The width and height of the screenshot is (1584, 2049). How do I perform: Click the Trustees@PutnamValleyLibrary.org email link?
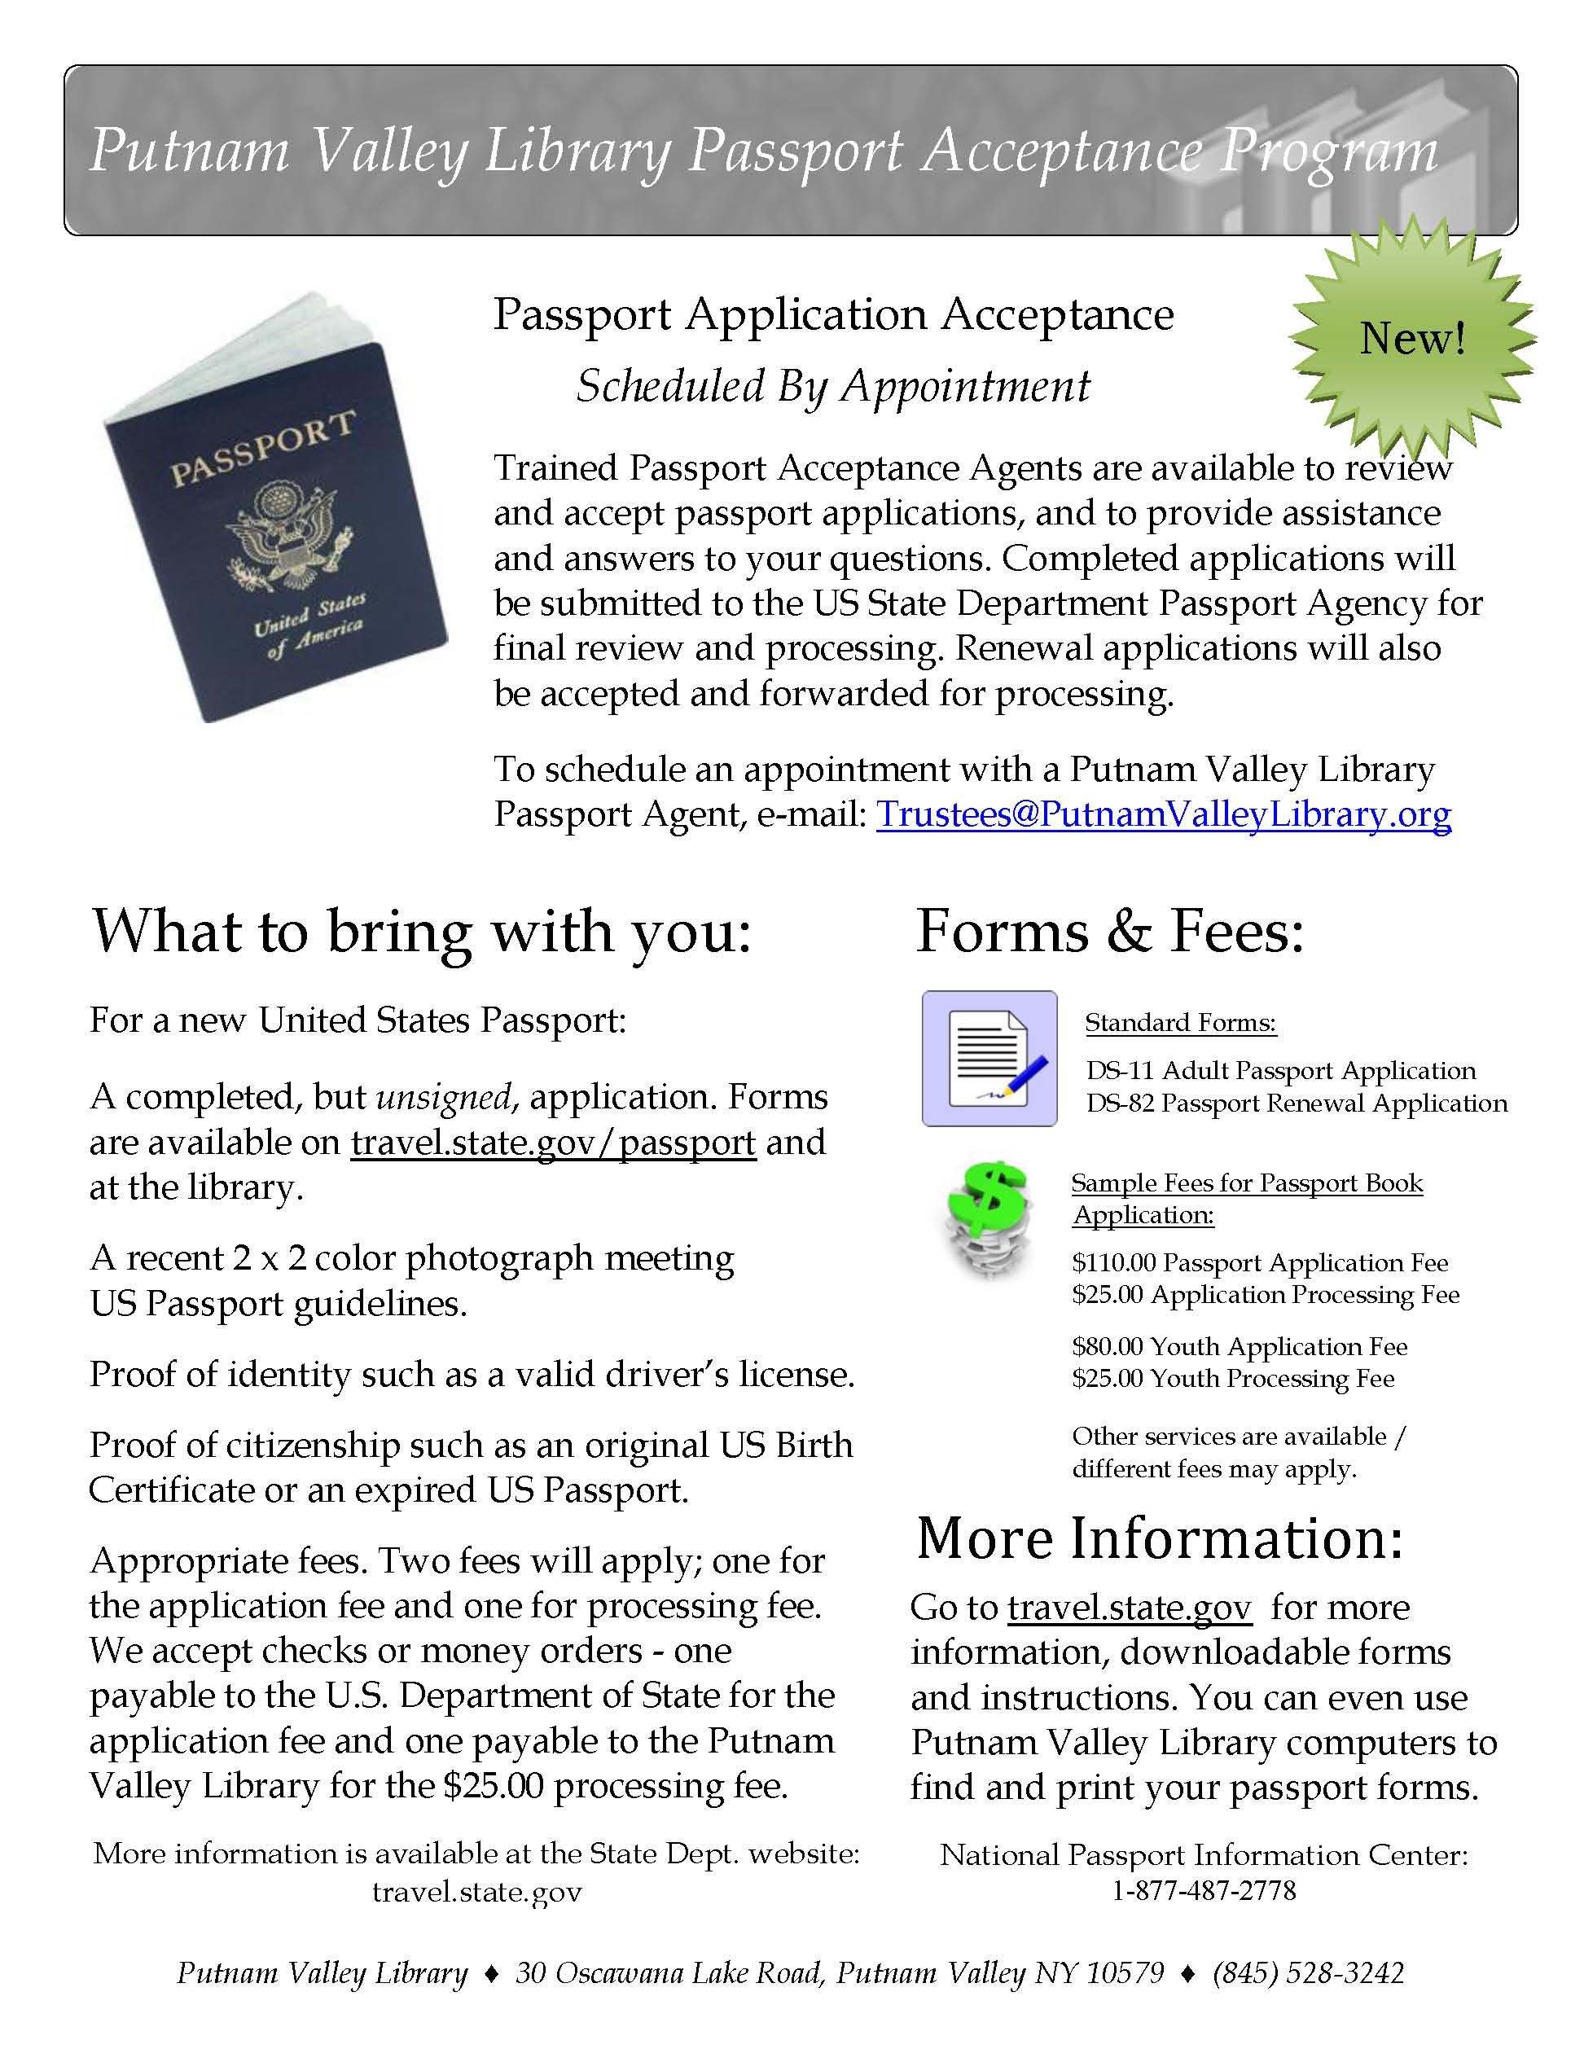coord(1164,814)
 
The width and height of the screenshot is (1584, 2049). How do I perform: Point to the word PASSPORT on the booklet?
coord(264,449)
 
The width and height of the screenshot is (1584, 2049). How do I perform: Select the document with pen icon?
coord(989,1058)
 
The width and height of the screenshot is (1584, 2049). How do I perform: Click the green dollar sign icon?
coord(986,1218)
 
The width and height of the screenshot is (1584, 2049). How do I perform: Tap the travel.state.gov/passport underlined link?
coord(553,1143)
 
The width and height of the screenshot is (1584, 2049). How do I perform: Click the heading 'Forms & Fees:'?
coord(1110,932)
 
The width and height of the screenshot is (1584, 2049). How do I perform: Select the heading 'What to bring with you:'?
coord(421,932)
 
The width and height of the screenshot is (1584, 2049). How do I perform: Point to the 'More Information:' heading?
coord(1160,1539)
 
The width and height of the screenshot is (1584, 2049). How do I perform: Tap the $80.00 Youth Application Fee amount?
coord(1108,1346)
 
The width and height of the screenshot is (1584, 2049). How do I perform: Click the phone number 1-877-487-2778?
coord(1204,1890)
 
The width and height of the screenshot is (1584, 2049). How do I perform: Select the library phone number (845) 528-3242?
coord(1308,1973)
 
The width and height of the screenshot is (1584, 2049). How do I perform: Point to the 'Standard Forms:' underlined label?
coord(1181,1023)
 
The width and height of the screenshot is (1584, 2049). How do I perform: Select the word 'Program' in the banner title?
coord(1327,152)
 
